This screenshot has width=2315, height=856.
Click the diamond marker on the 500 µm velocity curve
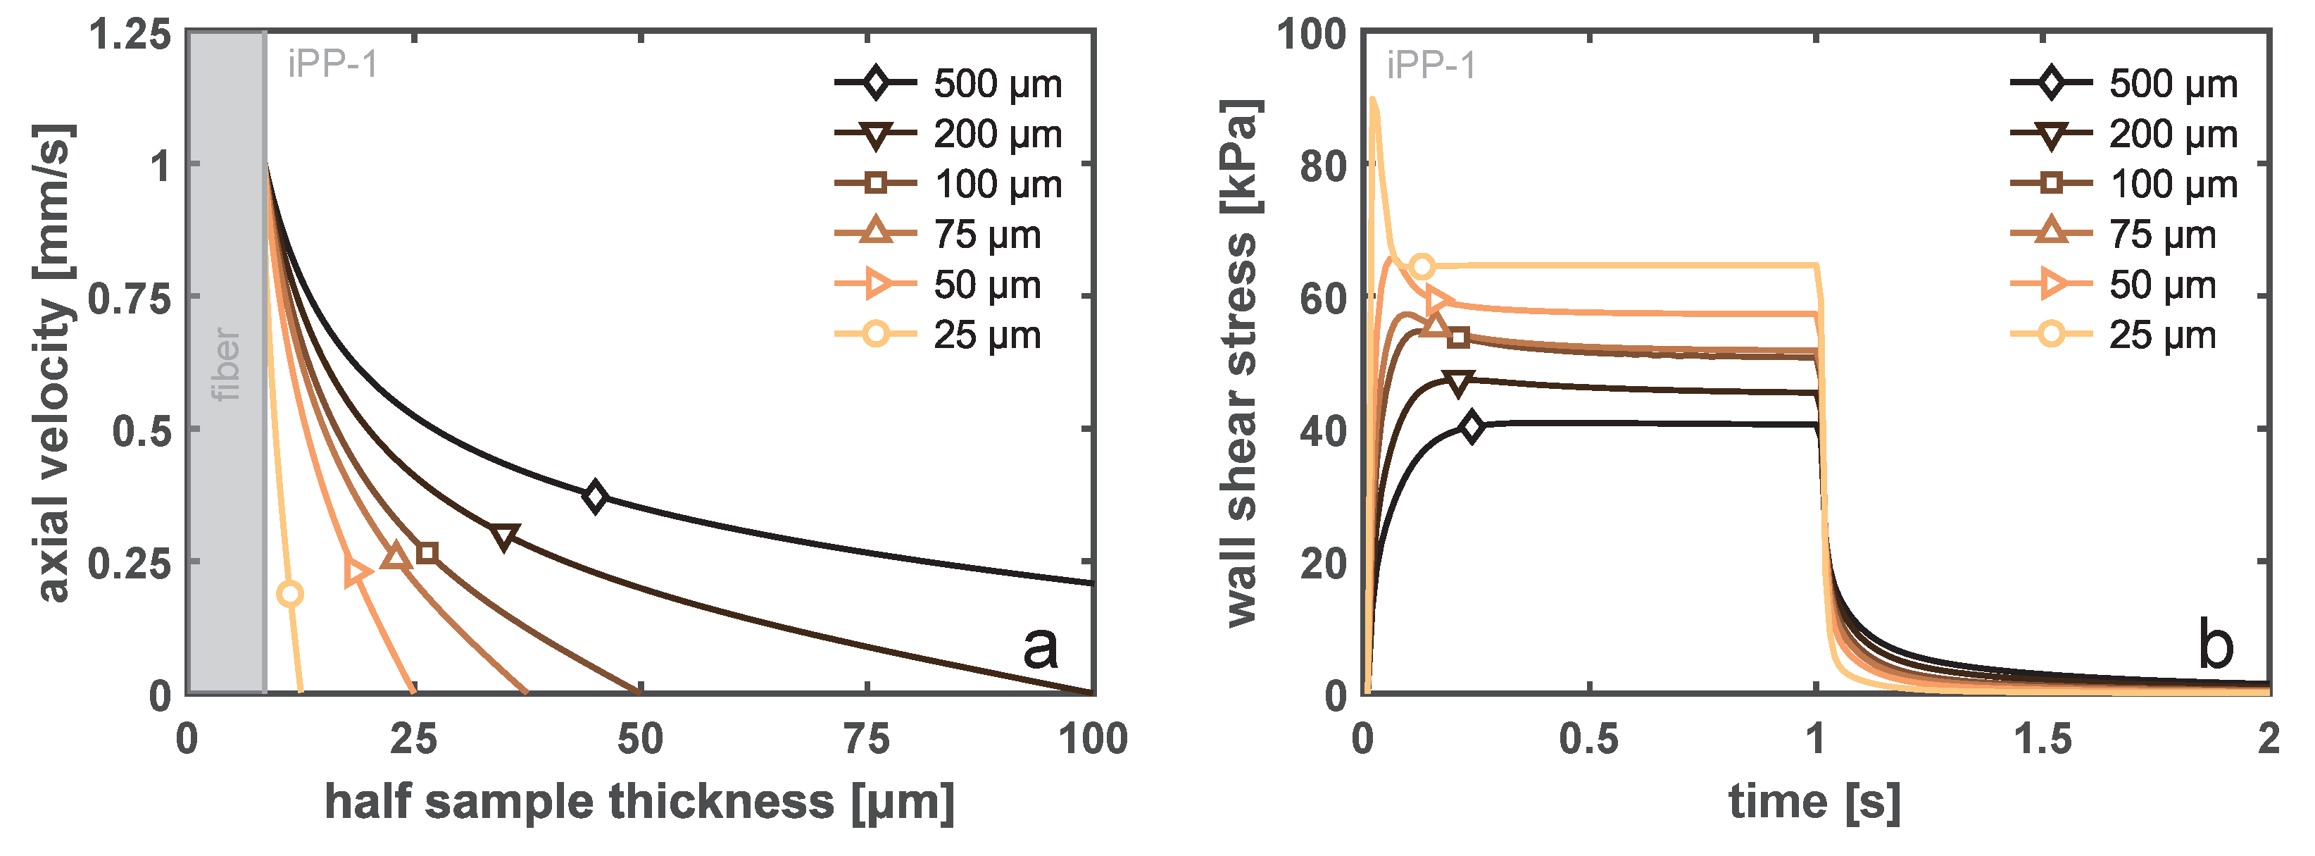click(594, 496)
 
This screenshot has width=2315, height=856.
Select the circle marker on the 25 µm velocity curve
click(289, 593)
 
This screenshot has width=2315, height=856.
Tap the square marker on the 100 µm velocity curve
click(428, 552)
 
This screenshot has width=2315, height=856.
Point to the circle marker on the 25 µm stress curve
click(1422, 266)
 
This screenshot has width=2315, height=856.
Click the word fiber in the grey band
click(225, 364)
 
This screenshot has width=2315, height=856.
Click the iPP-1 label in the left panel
click(332, 65)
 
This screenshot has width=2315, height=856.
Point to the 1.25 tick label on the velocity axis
click(130, 35)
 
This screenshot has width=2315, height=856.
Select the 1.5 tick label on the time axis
click(2043, 740)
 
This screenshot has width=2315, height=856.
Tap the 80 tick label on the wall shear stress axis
click(1323, 166)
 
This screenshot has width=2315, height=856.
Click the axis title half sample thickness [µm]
click(639, 801)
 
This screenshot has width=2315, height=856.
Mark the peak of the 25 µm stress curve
click(1372, 99)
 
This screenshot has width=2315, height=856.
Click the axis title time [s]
click(1814, 801)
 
